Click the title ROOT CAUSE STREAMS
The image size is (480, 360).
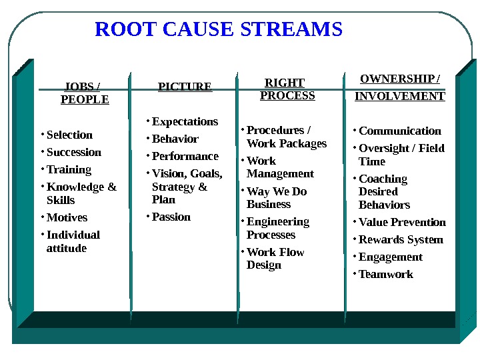click(219, 30)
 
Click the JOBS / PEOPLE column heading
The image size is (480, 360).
click(84, 93)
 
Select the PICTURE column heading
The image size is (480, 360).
click(185, 87)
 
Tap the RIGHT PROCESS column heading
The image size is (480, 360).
click(287, 89)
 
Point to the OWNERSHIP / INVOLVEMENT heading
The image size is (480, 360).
click(399, 87)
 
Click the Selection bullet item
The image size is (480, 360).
click(69, 135)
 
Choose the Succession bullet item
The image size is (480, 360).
click(73, 152)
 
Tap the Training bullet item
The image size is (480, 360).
click(69, 169)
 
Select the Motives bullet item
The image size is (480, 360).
click(67, 217)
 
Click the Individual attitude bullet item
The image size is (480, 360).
click(72, 241)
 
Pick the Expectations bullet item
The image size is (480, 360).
click(185, 121)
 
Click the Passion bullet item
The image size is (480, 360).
click(171, 217)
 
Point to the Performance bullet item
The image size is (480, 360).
click(185, 156)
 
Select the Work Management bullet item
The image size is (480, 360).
click(279, 167)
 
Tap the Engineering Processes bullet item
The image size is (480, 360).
click(277, 228)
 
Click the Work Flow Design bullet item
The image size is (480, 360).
click(275, 259)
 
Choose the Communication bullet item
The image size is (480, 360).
click(399, 131)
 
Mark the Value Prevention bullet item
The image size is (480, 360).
click(402, 222)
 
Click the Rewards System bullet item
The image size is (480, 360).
click(400, 239)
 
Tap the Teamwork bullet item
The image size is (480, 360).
click(385, 274)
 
